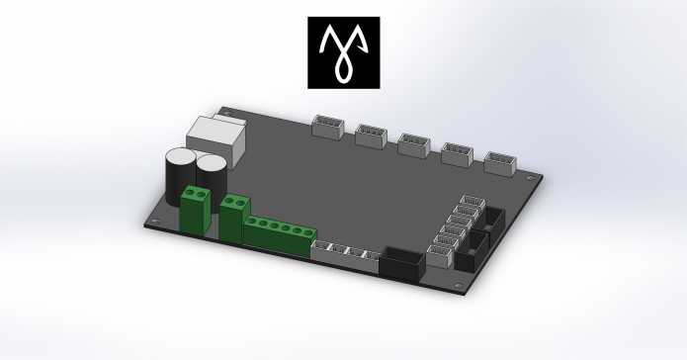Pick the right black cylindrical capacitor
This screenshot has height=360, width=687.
click(x=211, y=171)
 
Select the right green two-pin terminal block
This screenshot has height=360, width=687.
click(x=234, y=218)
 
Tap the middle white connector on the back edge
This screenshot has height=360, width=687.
click(x=412, y=143)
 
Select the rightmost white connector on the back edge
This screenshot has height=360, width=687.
click(x=500, y=161)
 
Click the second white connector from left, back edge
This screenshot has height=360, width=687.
click(x=369, y=135)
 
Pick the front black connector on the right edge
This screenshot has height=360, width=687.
click(x=469, y=254)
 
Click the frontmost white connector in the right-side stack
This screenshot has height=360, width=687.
click(x=438, y=257)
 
